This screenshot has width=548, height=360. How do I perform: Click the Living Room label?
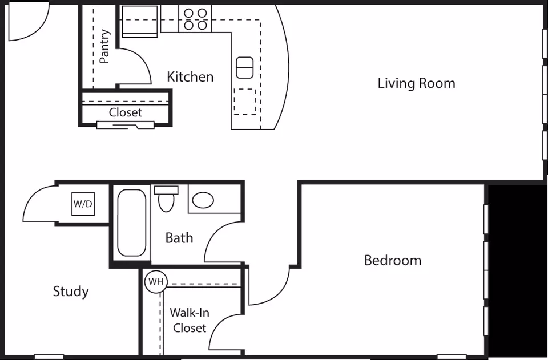(416, 83)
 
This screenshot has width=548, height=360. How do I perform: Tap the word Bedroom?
(393, 261)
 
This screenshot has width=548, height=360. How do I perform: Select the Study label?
(71, 291)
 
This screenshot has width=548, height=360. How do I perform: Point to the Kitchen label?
(190, 77)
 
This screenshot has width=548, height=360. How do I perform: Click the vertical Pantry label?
(104, 46)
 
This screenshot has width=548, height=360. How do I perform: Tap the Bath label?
(179, 238)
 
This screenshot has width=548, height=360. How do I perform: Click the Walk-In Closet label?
(190, 320)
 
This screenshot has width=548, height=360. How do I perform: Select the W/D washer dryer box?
(83, 204)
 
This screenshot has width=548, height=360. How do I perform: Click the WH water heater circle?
(156, 281)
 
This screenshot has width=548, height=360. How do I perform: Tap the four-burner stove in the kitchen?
(195, 19)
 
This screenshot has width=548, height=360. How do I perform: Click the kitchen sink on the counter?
(245, 68)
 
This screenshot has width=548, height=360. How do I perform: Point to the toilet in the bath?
(166, 199)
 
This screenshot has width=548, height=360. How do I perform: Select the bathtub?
(132, 223)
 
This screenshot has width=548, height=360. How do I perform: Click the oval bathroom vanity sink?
(203, 200)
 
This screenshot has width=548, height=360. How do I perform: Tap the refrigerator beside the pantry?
(139, 21)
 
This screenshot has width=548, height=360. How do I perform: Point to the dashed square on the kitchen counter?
(245, 102)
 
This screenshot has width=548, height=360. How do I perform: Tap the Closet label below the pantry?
(125, 112)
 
